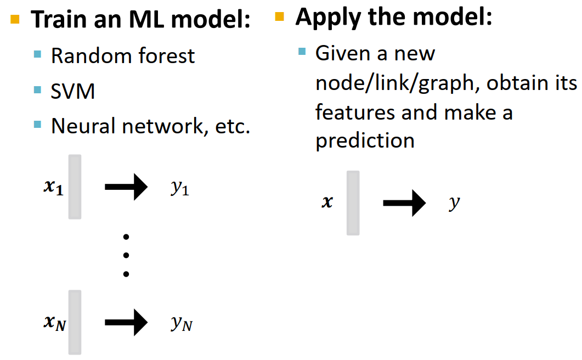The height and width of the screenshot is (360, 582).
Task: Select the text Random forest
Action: pyautogui.click(x=123, y=55)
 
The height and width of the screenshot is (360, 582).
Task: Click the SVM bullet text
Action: pyautogui.click(x=73, y=91)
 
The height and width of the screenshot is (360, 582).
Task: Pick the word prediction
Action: pyautogui.click(x=365, y=141)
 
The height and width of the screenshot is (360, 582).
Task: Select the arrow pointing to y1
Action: pyautogui.click(x=126, y=187)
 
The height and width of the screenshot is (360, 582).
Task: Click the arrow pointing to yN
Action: pyautogui.click(x=126, y=322)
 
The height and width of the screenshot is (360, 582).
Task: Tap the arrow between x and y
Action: pyautogui.click(x=404, y=204)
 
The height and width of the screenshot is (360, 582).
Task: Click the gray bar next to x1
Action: pyautogui.click(x=75, y=187)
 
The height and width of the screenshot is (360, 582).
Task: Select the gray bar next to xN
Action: pyautogui.click(x=75, y=322)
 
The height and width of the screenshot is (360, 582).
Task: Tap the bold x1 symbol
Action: pyautogui.click(x=54, y=188)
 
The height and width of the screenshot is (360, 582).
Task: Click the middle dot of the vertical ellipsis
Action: pyautogui.click(x=126, y=255)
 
